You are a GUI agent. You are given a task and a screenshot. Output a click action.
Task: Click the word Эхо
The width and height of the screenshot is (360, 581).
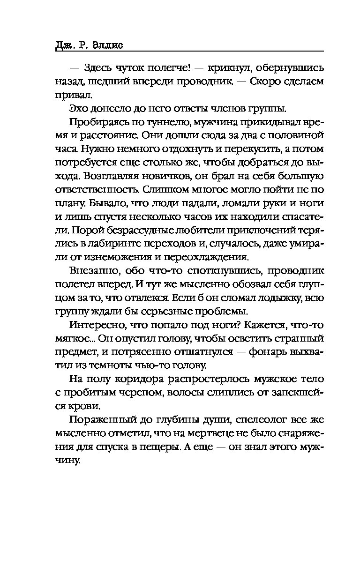pos(79,109)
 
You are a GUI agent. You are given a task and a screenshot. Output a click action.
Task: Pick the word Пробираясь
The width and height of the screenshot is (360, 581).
pos(95,122)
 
